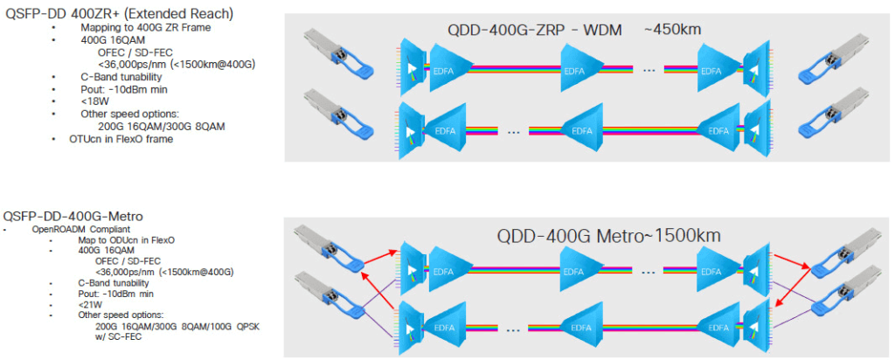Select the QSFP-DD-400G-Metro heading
point(74,215)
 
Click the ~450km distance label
point(673,30)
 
